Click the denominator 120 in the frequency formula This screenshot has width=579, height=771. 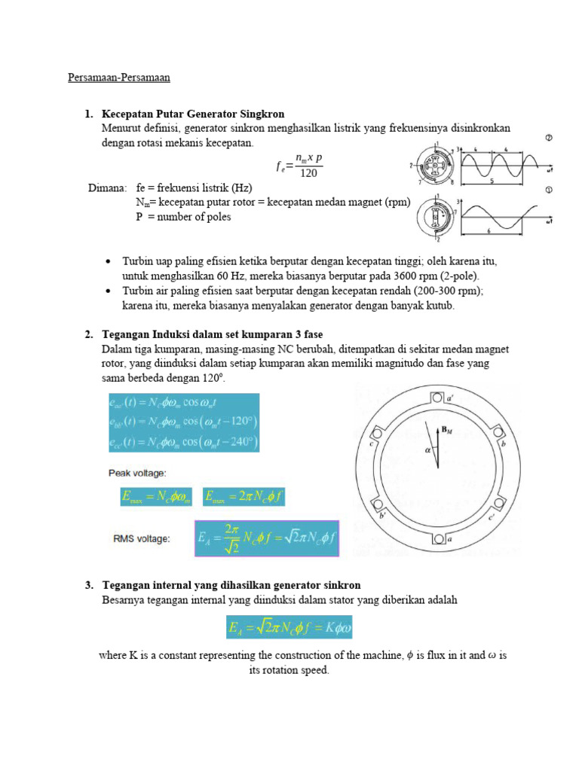click(308, 174)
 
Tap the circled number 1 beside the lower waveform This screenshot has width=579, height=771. click(549, 190)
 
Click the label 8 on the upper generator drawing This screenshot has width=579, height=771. click(452, 182)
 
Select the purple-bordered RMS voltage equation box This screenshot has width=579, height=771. click(267, 538)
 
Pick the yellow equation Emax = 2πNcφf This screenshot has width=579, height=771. click(244, 497)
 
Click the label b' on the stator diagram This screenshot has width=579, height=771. click(383, 516)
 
